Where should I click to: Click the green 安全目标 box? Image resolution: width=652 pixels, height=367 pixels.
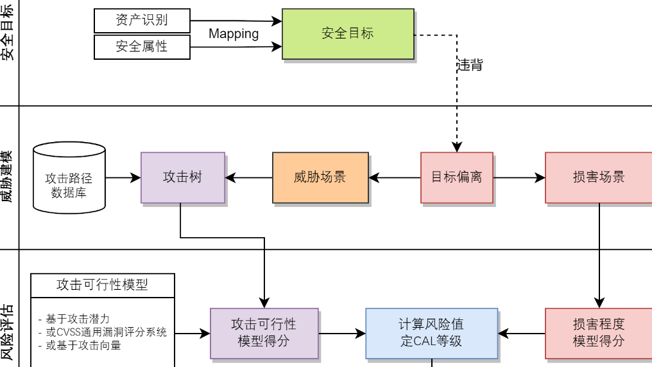click(x=348, y=33)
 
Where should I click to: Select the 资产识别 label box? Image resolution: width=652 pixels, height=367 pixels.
click(x=142, y=20)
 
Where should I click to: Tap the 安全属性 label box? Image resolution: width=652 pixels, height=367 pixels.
click(x=142, y=47)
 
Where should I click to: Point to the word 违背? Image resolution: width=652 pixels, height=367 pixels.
click(x=470, y=65)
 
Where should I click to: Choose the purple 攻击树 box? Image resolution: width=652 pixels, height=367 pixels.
click(x=183, y=177)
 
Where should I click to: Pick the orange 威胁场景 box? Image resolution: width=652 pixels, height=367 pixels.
click(x=320, y=177)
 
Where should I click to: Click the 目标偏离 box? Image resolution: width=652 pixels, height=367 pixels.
click(x=457, y=177)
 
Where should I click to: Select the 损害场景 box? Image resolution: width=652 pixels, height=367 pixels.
click(x=598, y=177)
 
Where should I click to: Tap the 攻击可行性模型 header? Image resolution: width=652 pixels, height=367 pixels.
click(x=103, y=285)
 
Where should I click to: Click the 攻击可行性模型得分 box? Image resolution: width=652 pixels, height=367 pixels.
click(x=264, y=333)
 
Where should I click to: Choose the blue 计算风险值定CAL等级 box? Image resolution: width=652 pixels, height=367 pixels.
click(x=431, y=333)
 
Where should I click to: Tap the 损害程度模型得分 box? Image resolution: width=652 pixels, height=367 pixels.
click(x=598, y=333)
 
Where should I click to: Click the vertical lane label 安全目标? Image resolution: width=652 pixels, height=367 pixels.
click(x=8, y=32)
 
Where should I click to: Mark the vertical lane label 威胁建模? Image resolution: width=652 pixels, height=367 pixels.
click(x=8, y=177)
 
